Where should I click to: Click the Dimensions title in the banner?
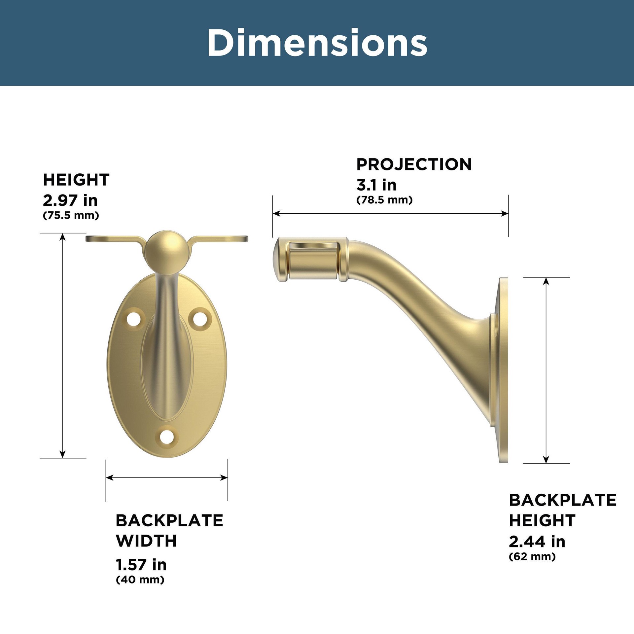pos(317,43)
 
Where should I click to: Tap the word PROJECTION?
pos(414,164)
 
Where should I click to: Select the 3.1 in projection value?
pos(376,185)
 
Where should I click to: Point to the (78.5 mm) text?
pos(384,200)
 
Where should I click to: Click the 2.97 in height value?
pos(70,200)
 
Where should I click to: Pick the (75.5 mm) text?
pos(71,215)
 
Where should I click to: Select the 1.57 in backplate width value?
pos(141,564)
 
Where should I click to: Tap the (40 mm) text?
pos(140,580)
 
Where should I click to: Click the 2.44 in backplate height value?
pos(537,542)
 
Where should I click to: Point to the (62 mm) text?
pos(532,557)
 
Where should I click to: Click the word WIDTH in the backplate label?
pos(146,541)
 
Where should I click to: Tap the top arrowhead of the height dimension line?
pos(63,236)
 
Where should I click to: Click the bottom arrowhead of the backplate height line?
pos(546,459)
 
